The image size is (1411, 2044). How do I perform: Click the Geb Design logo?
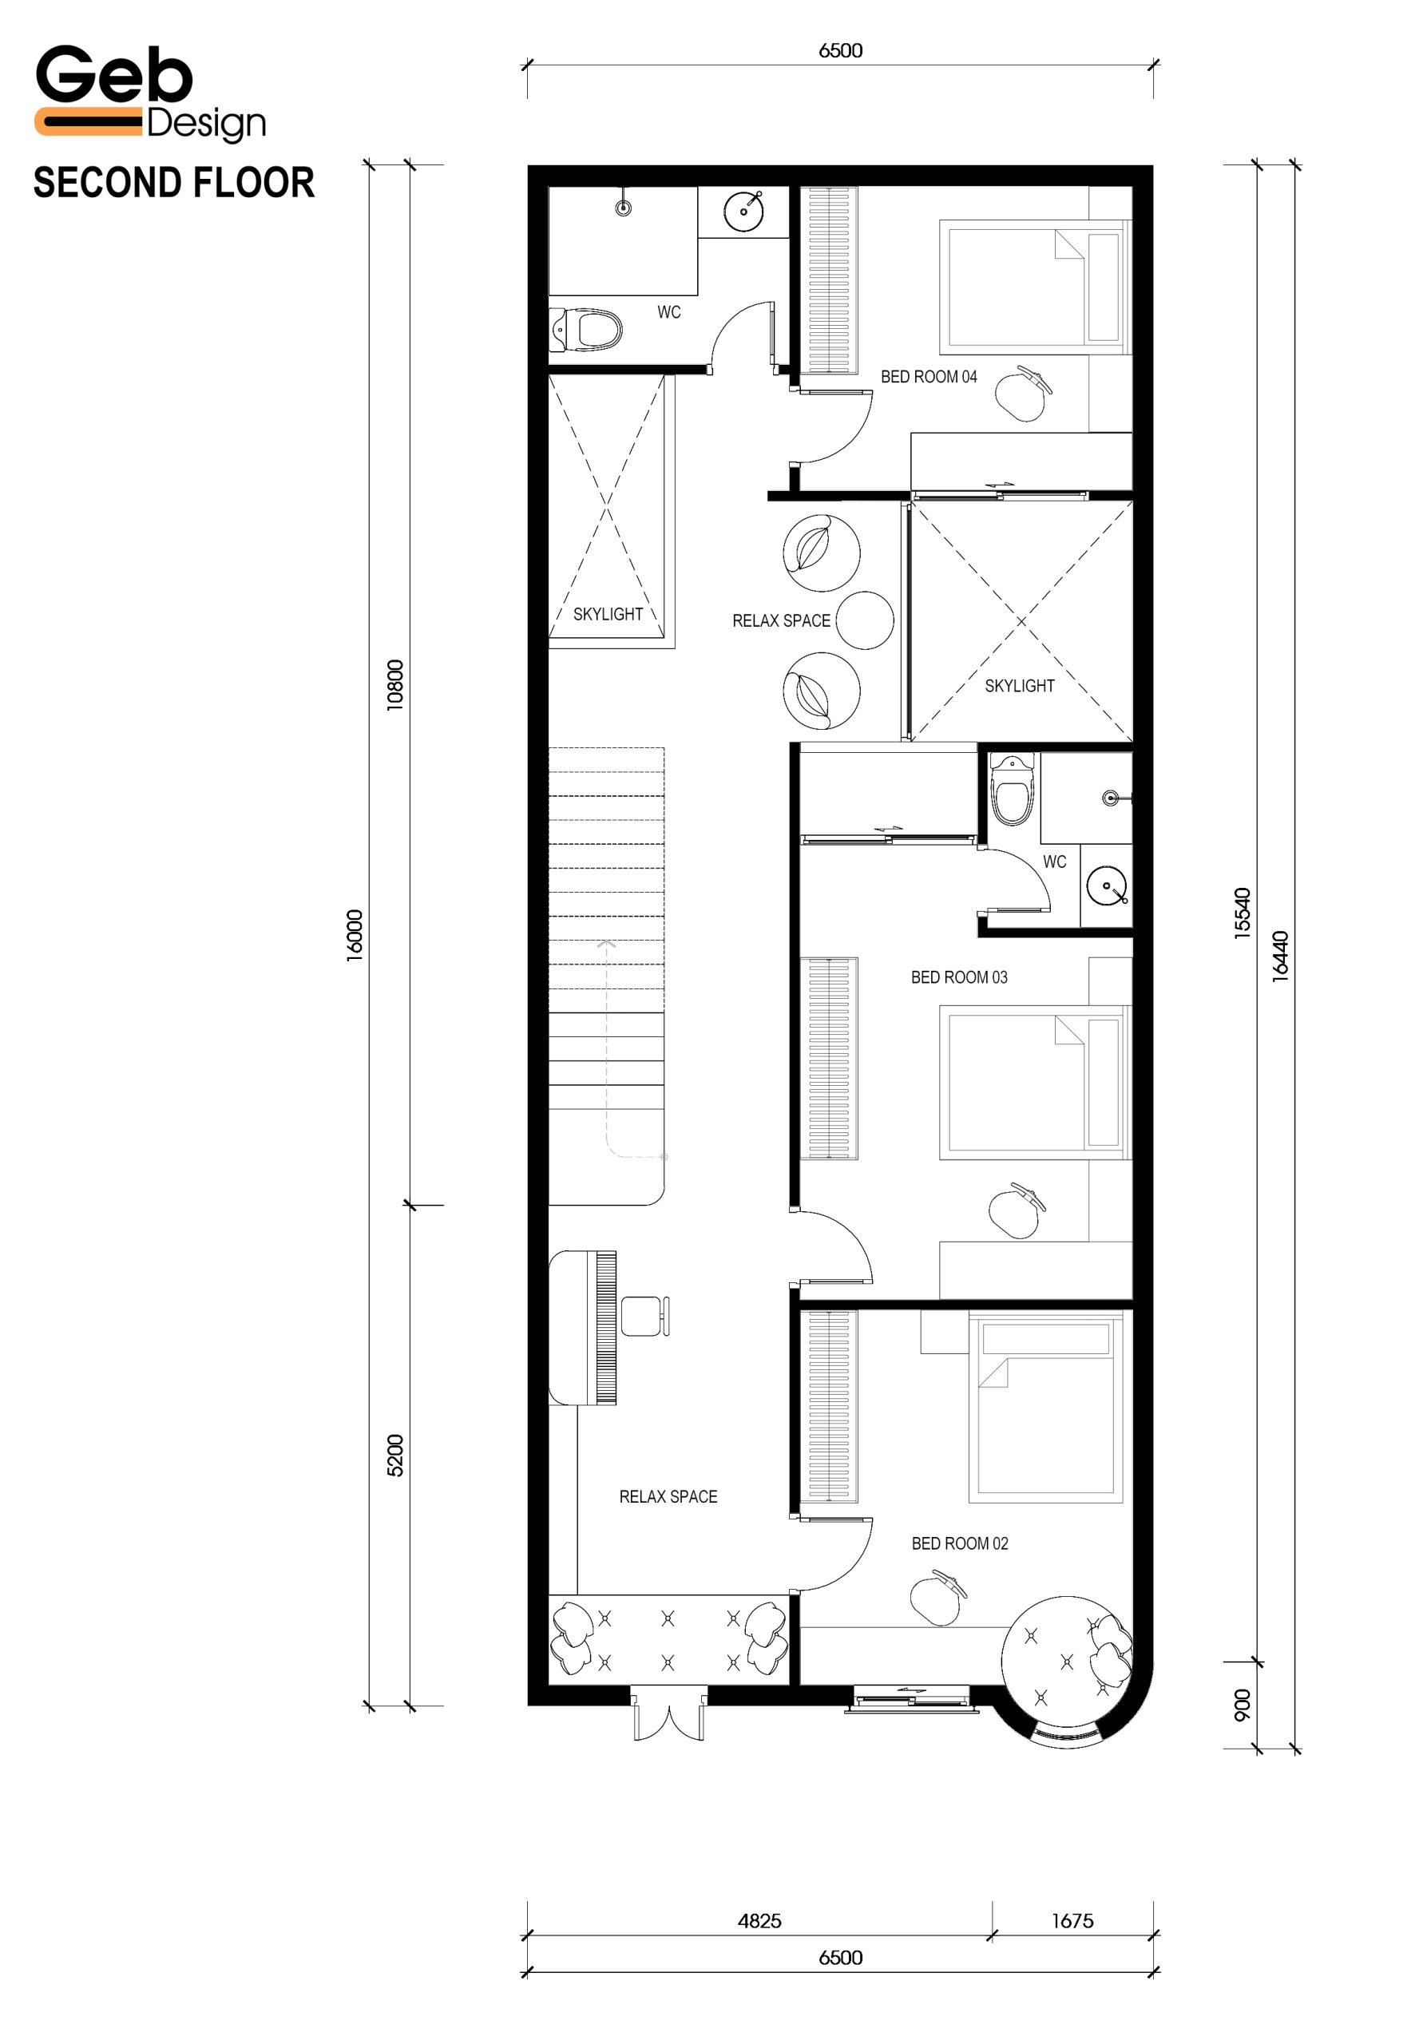pos(150,93)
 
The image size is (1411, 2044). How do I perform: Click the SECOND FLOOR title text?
pos(174,183)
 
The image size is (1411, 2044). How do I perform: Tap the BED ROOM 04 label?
pos(929,377)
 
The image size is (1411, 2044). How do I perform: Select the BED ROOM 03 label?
pos(959,977)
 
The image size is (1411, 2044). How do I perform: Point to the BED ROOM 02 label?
pos(960,1543)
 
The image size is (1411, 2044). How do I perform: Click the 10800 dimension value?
pos(395,684)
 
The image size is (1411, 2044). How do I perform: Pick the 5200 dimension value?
pos(395,1456)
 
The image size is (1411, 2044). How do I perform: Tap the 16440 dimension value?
pos(1280,957)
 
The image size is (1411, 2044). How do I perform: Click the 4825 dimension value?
pos(759,1920)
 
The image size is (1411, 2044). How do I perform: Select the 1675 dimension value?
pos(1072,1920)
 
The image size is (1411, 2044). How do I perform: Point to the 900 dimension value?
pos(1243,1705)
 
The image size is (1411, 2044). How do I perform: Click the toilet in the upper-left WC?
pos(585,331)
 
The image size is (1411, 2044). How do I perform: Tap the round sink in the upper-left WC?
pos(743,212)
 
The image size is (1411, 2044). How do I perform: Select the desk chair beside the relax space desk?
pos(645,1317)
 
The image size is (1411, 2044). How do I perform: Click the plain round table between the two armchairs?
pos(865,620)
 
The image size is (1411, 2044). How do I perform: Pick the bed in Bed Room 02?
pos(1046,1408)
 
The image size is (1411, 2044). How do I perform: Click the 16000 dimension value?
pos(355,935)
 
